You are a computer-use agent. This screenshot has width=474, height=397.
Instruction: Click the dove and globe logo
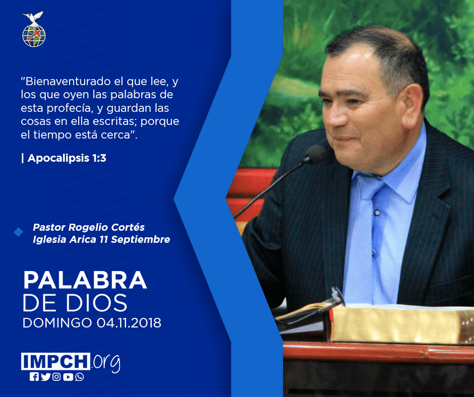34,29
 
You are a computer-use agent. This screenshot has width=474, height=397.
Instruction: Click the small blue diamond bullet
19,232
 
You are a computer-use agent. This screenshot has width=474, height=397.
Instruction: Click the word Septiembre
141,239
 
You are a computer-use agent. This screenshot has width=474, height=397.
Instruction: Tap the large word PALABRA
85,280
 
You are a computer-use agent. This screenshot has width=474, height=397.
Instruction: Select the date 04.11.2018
129,322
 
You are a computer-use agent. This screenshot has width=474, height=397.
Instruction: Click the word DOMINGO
57,322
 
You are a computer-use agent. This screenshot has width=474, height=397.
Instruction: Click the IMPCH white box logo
55,361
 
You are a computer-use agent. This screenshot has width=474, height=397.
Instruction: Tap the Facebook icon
34,377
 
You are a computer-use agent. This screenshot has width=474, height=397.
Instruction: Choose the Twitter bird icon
45,377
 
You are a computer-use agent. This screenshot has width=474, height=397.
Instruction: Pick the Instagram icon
56,377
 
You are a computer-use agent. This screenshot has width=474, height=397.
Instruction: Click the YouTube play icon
68,377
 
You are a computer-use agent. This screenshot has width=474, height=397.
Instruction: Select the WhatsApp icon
80,377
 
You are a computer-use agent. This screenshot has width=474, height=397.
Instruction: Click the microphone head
315,154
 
